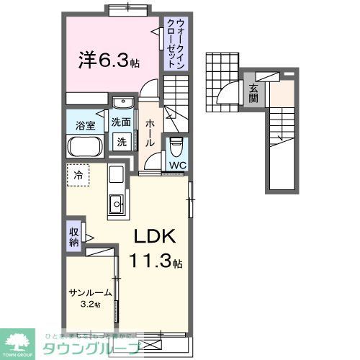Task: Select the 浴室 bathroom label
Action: [x=85, y=125]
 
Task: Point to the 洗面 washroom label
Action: [x=121, y=122]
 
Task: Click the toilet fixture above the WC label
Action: [x=176, y=147]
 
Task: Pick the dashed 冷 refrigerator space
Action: [x=78, y=174]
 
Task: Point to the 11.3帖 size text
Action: [x=160, y=262]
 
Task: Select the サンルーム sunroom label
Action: [x=91, y=292]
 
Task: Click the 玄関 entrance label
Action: [x=253, y=94]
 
